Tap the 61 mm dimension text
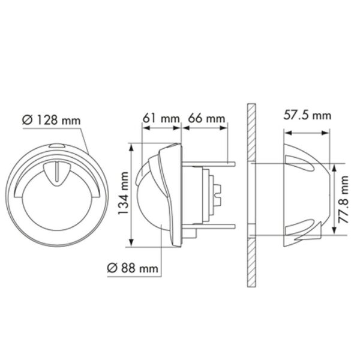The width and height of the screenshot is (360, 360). click(161, 118)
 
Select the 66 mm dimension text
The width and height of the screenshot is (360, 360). click(205, 118)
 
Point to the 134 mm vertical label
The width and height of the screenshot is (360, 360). click(124, 194)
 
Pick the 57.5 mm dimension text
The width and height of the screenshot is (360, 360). click(307, 115)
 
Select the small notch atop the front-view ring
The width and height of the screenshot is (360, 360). click(56, 146)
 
